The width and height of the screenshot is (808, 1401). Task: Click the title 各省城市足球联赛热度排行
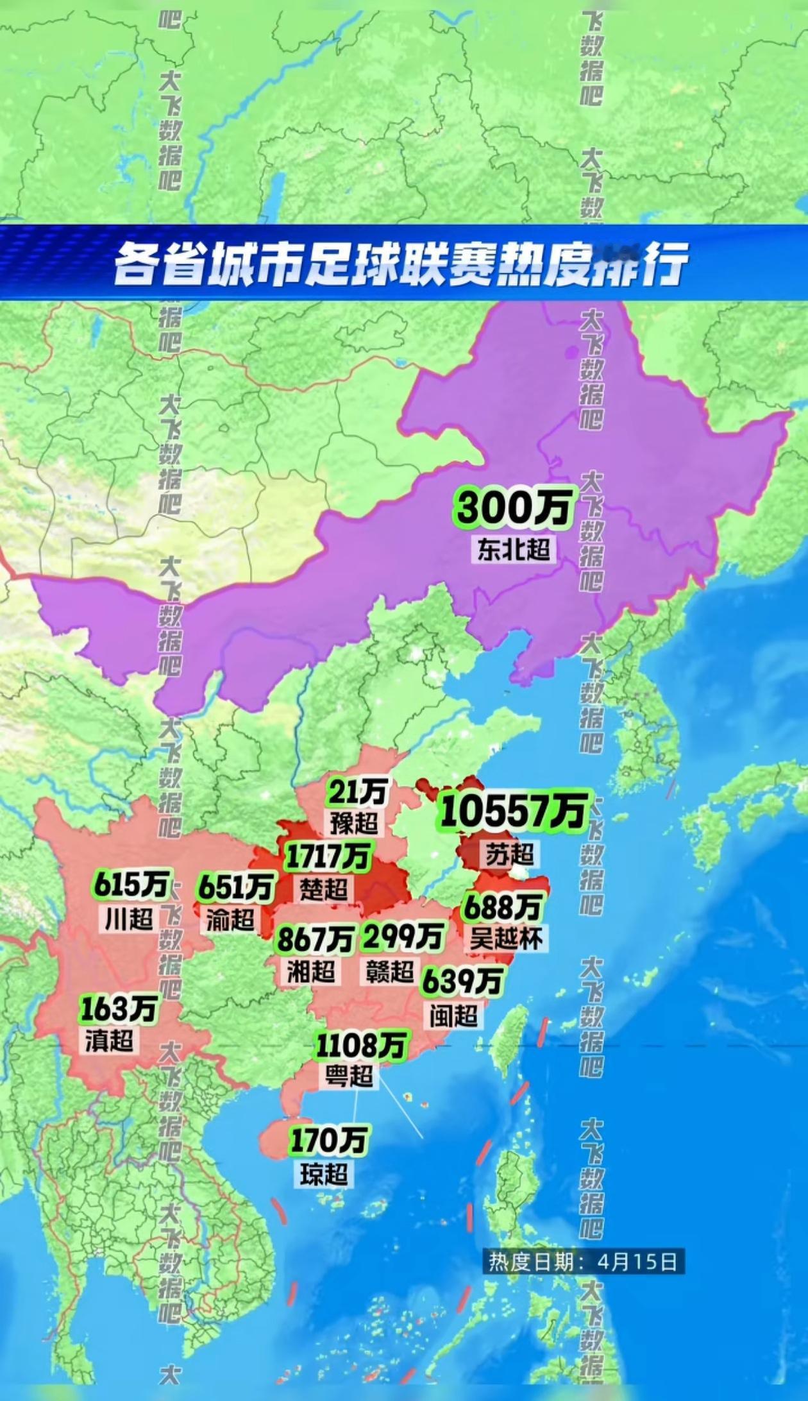click(x=401, y=262)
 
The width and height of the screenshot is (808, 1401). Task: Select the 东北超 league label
click(x=514, y=550)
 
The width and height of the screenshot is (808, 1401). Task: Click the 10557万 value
click(x=513, y=811)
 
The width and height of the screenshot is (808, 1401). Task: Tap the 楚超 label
click(x=324, y=889)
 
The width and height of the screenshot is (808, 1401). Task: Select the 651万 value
click(x=235, y=888)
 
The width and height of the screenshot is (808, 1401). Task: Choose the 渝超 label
click(x=230, y=921)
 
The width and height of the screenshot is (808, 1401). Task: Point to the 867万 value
click(x=315, y=940)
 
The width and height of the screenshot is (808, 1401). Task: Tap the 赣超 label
click(x=389, y=972)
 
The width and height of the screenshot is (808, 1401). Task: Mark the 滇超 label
click(x=110, y=1041)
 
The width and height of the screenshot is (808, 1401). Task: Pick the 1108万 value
click(x=361, y=1046)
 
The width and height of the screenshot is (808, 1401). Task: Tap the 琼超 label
click(x=324, y=1175)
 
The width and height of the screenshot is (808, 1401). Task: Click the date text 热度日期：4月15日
click(x=583, y=1262)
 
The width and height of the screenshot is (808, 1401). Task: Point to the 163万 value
click(x=119, y=1009)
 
